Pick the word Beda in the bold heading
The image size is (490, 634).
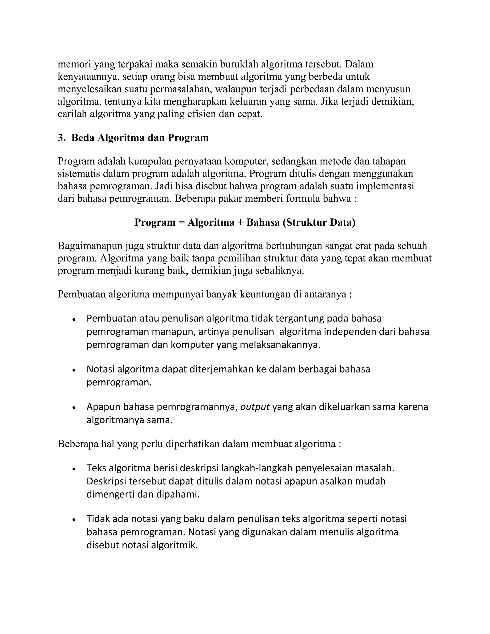(x=83, y=138)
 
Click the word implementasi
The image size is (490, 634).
(x=385, y=186)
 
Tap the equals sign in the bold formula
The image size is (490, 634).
(x=181, y=222)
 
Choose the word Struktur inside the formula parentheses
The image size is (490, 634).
(x=305, y=222)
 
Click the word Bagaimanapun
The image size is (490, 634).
(x=91, y=246)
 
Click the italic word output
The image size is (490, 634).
(x=255, y=407)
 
